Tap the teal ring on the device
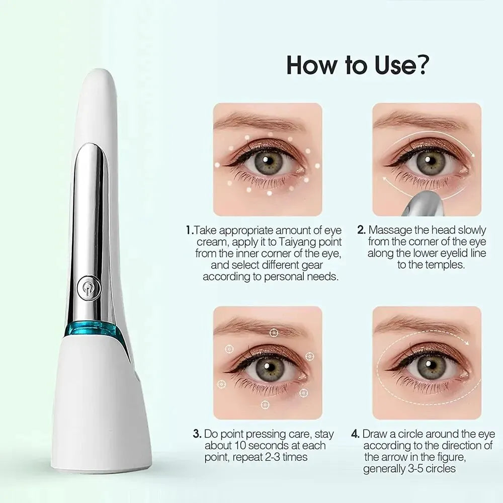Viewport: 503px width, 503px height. pos(93,332)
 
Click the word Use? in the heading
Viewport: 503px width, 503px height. pos(401,65)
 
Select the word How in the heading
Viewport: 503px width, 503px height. pos(312,65)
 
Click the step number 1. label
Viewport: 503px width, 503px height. pos(190,230)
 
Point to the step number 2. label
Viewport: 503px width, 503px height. pos(362,230)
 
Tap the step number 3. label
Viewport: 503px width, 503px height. pos(197,434)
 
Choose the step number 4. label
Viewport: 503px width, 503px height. pos(356,434)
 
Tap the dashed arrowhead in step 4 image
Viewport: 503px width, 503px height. pos(466,343)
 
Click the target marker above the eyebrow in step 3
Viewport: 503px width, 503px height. pos(273,333)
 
